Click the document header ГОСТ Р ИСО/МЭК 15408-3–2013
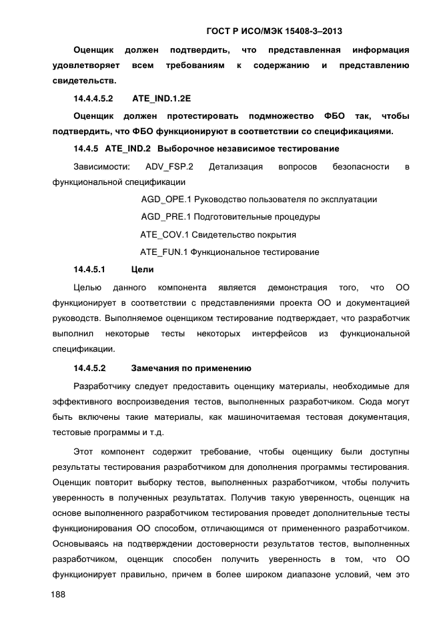[275, 31]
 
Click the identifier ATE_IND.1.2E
[161, 98]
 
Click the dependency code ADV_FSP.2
[169, 166]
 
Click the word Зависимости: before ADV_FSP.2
[101, 166]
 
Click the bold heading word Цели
[143, 270]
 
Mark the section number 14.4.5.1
[90, 270]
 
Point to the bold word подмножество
[262, 115]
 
